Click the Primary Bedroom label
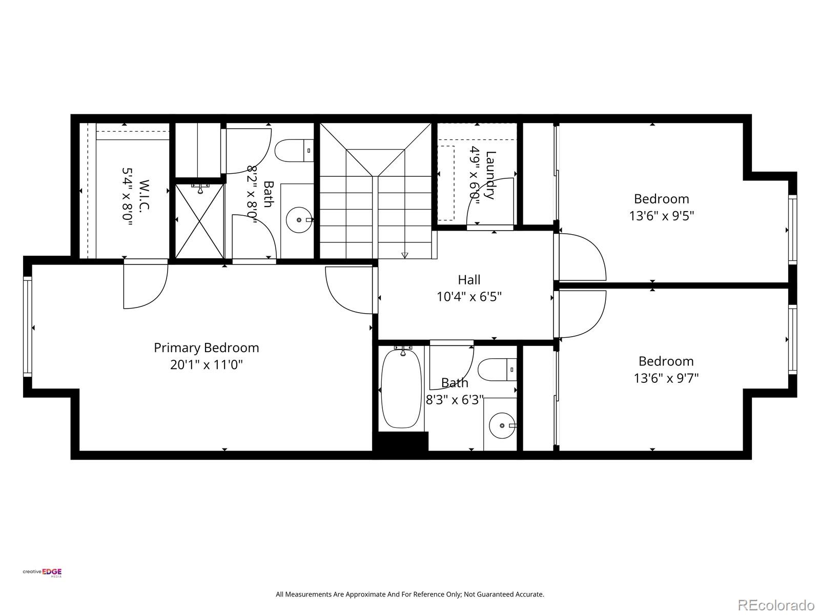[x=206, y=347]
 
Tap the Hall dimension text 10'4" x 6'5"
[x=469, y=297]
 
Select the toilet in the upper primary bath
[x=294, y=151]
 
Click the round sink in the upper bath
[x=299, y=220]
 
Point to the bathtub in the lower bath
[x=401, y=388]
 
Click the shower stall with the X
[x=199, y=221]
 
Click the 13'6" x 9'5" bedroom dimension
[x=661, y=216]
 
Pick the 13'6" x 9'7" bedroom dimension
[x=666, y=378]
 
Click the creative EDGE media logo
[x=42, y=573]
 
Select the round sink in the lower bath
[x=501, y=425]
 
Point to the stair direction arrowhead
[x=404, y=255]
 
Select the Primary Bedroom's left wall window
[x=28, y=326]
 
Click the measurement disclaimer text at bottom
[x=409, y=594]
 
